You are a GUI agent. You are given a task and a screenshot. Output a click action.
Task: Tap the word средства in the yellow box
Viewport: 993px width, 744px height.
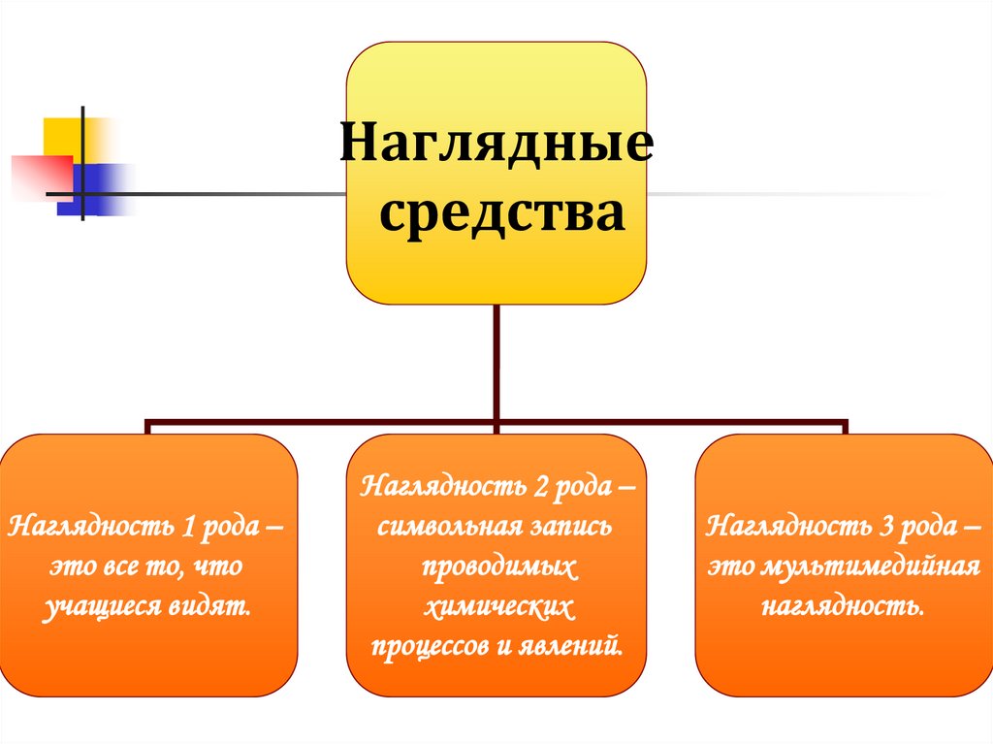(x=500, y=213)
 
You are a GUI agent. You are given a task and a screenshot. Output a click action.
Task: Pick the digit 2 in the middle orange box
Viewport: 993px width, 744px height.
(x=537, y=486)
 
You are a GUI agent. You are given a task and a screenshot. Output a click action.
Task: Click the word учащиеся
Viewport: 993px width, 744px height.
(x=96, y=608)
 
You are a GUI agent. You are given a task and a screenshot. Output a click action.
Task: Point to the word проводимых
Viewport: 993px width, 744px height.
(x=498, y=566)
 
